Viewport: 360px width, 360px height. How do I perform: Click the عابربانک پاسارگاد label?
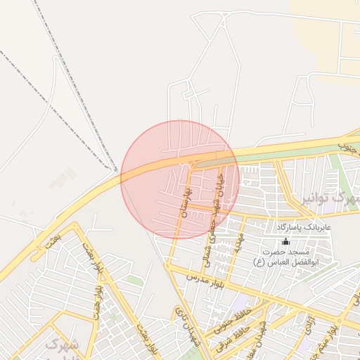click(x=303, y=228)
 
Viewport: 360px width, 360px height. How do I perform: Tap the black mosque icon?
click(x=285, y=241)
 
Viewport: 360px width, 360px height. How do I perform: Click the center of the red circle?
click(x=180, y=179)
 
